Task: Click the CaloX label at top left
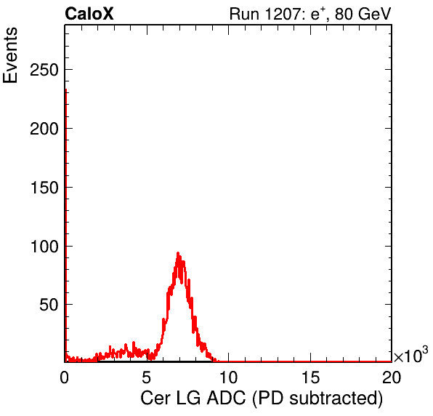tap(89, 14)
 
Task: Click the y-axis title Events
tap(10, 55)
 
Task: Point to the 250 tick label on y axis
tap(44, 70)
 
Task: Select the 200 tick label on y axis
tap(44, 129)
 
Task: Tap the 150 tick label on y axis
tap(44, 188)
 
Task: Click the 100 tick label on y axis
tap(44, 246)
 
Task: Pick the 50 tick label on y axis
tap(49, 305)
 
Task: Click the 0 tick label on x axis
tap(65, 377)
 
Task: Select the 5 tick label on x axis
tap(146, 377)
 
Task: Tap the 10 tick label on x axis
tap(228, 377)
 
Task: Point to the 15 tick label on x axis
tap(310, 377)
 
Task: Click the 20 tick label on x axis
tap(392, 377)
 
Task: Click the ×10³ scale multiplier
tap(410, 354)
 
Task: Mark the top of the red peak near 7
tap(178, 252)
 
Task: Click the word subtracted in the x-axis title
tap(336, 399)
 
